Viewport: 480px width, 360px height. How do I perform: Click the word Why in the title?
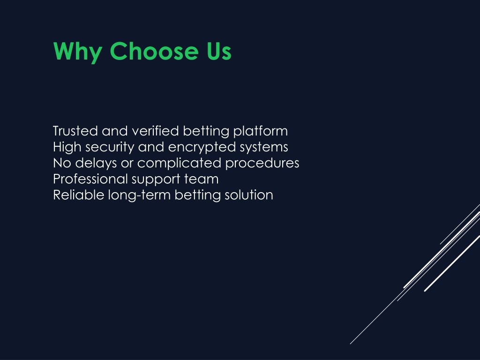78,52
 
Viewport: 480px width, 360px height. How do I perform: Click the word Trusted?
75,131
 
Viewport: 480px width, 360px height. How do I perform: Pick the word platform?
261,132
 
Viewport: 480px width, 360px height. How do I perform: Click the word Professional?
90,179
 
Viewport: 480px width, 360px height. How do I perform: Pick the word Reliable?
78,195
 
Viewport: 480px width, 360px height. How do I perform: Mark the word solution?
249,195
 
